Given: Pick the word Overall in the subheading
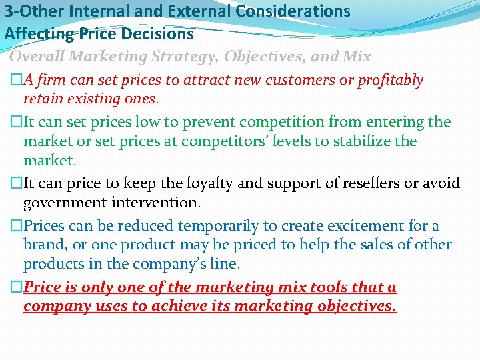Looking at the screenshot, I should tap(37, 57).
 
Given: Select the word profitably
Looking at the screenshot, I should tap(391, 80).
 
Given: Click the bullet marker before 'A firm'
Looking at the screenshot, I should tap(16, 81).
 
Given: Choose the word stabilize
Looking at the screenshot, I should tap(359, 141).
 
